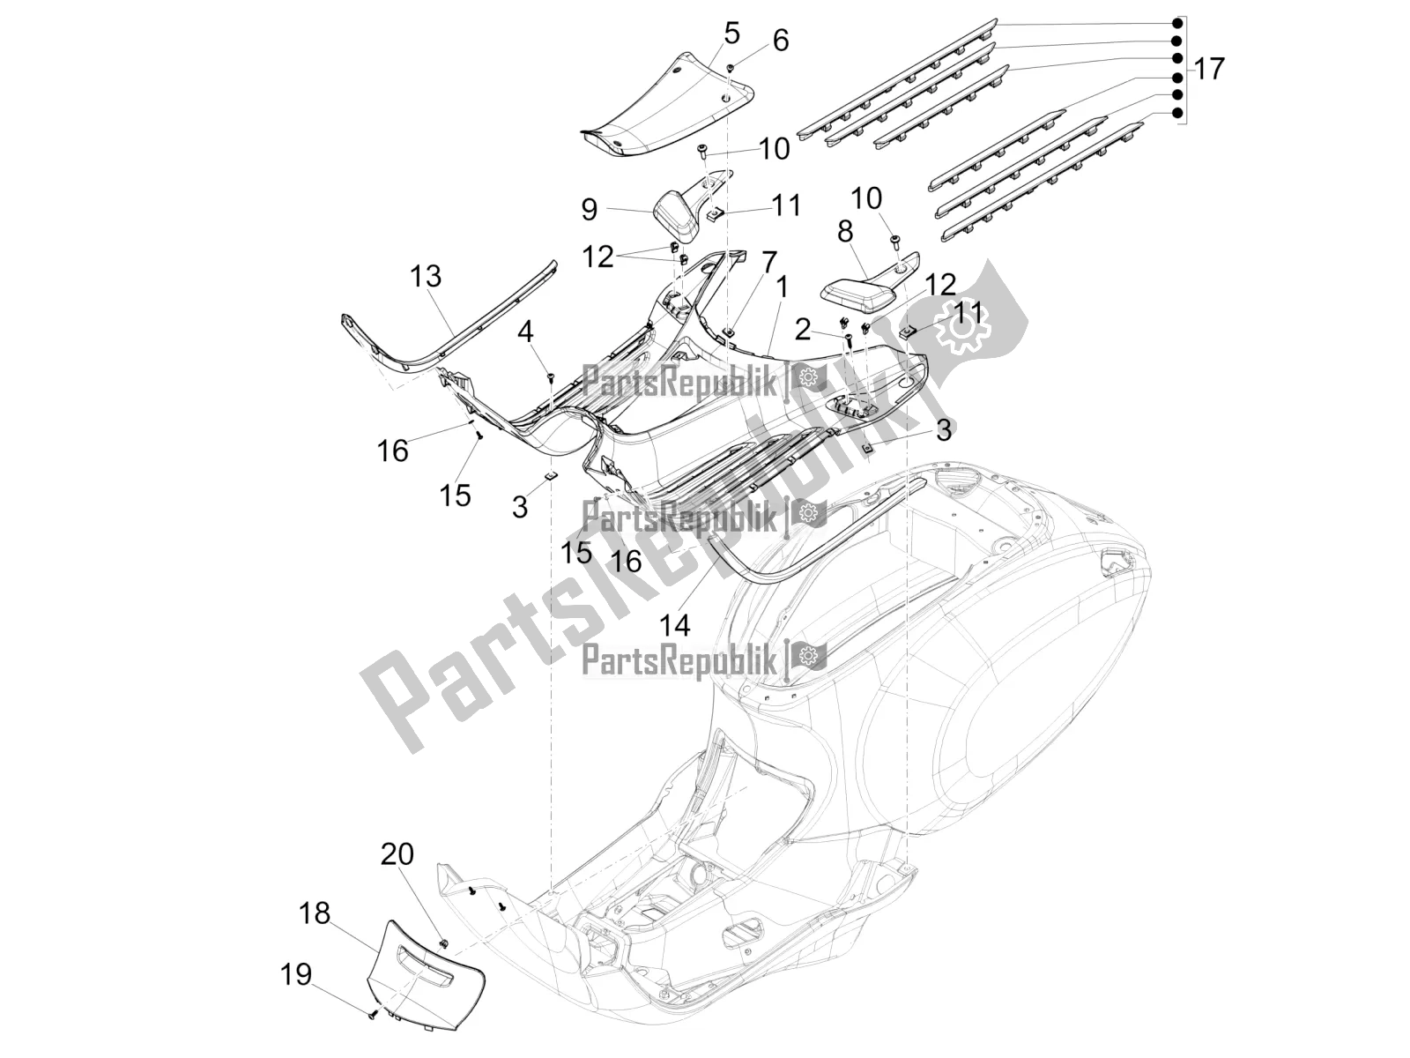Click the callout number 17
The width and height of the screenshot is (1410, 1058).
[1209, 69]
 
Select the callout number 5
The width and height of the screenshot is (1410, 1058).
[731, 34]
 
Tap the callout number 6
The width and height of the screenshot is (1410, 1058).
[780, 41]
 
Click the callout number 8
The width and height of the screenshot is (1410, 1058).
[844, 232]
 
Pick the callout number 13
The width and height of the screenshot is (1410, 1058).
[425, 276]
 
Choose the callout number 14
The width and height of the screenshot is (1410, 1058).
[675, 625]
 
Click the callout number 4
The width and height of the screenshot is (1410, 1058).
[525, 332]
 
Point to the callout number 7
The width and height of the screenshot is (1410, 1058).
[769, 262]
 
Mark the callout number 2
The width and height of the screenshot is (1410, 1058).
[802, 330]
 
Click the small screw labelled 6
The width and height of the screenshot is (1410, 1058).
[731, 67]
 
